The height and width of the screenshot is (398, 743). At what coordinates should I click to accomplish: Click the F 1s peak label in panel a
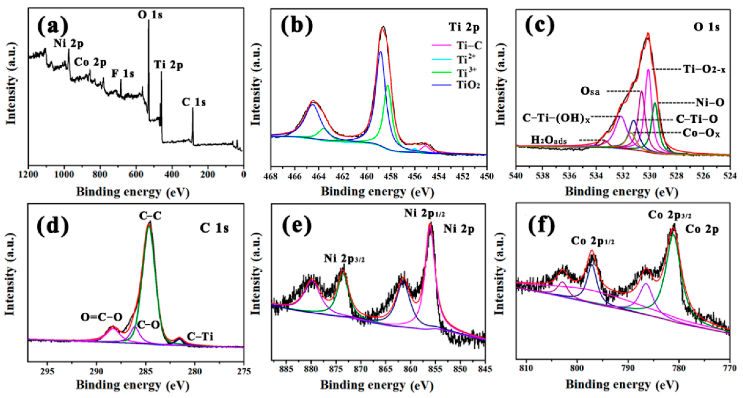tap(123, 74)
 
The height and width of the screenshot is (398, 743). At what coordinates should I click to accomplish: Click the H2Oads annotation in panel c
tap(549, 140)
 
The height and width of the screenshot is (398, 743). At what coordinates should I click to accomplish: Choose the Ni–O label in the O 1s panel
tap(710, 103)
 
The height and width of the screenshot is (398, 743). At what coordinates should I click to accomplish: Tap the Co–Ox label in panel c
tap(701, 134)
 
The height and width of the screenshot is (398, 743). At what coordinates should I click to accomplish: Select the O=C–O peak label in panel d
tap(102, 317)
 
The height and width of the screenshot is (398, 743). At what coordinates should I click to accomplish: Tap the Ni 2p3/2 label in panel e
tap(344, 259)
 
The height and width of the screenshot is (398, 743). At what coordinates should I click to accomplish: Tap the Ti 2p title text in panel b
tap(464, 27)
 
